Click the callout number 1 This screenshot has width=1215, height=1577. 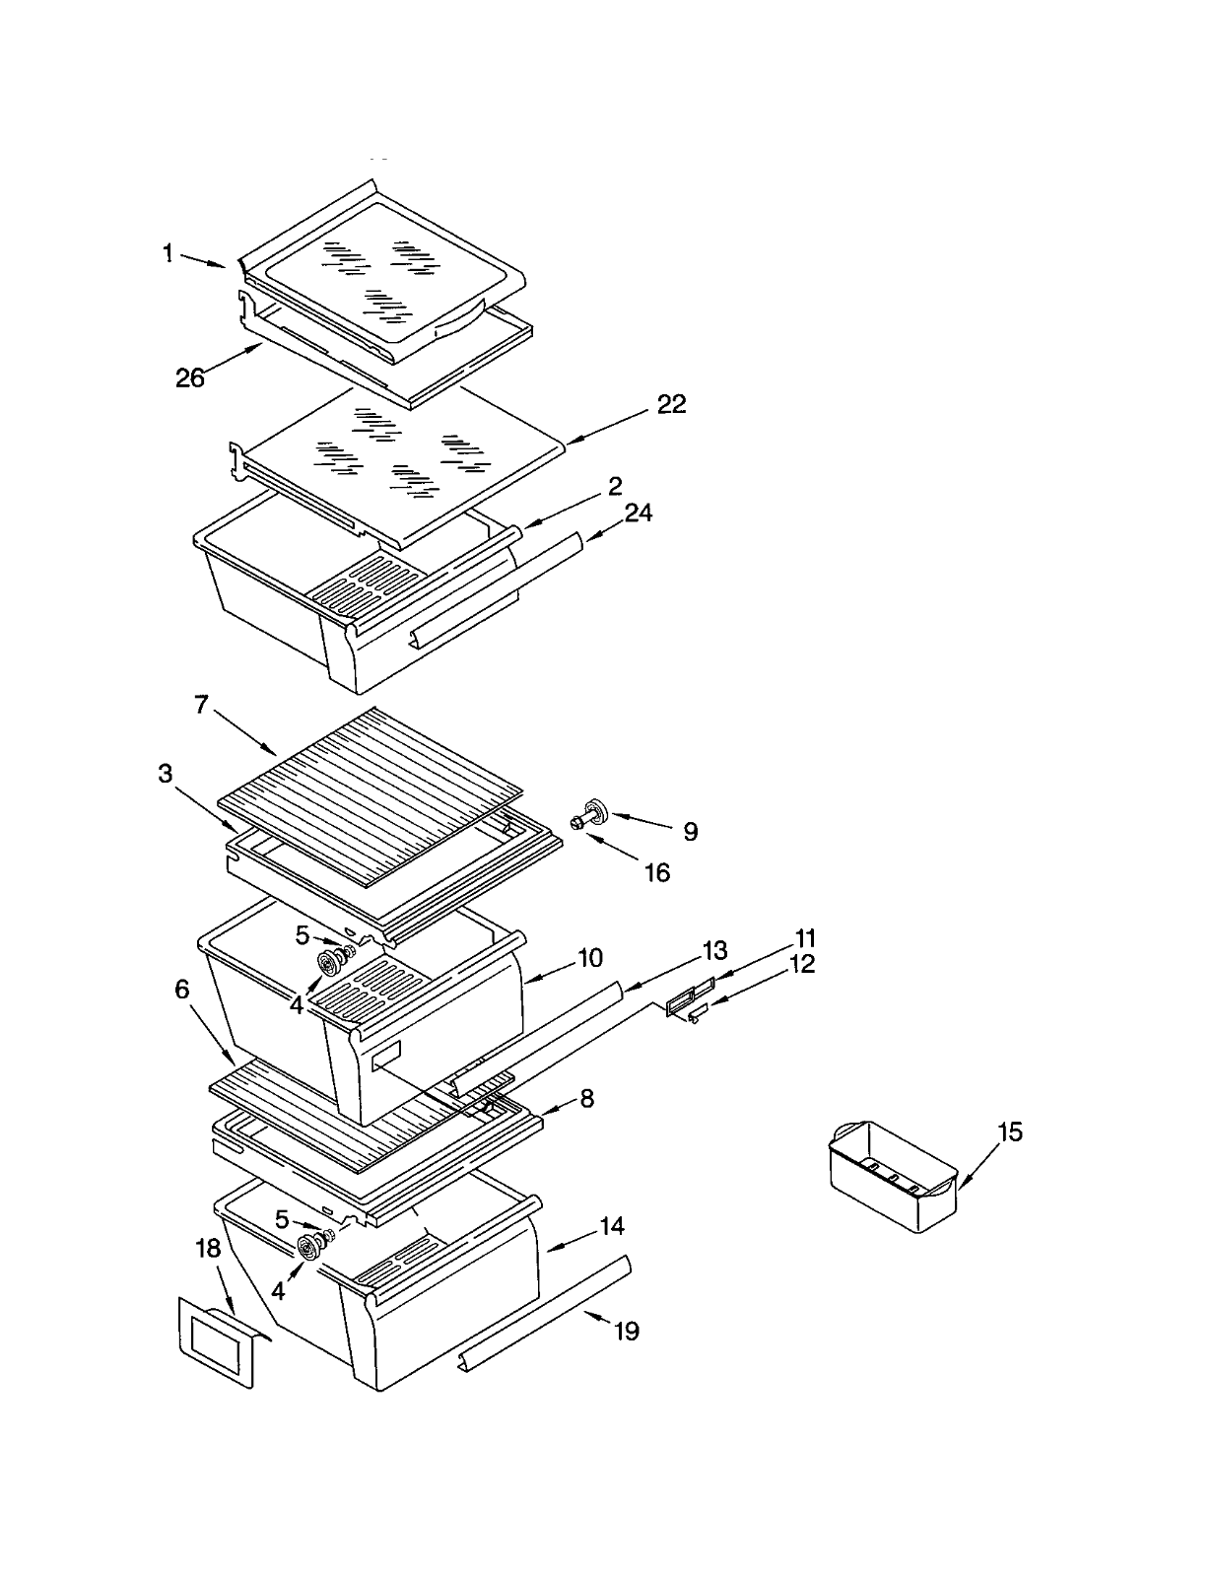pos(168,254)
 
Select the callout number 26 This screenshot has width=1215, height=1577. pos(189,377)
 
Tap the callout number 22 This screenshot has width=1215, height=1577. pos(671,404)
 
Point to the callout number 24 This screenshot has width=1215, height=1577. pos(638,514)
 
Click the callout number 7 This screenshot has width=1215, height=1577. pos(201,705)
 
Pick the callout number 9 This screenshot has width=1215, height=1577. pos(690,832)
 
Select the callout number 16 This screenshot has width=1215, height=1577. pos(656,872)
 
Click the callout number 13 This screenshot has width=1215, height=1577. pos(714,950)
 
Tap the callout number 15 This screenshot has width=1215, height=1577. pos(1010,1131)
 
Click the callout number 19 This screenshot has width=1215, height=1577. pos(627,1332)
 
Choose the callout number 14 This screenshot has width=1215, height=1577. pos(611,1226)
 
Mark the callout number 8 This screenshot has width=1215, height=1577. pos(587,1098)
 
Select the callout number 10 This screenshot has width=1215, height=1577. pos(589,957)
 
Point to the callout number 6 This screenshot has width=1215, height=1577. pos(182,989)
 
